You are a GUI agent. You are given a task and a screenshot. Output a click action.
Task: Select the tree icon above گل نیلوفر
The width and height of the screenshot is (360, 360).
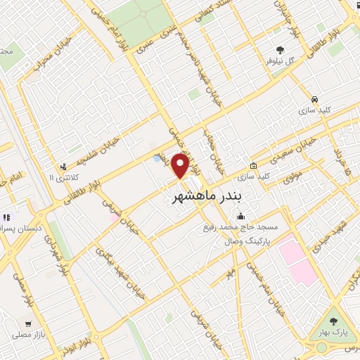281,51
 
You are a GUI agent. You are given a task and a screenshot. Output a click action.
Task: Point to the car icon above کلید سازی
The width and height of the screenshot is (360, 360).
314,99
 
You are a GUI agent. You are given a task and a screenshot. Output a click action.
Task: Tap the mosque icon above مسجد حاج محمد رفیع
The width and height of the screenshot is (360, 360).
242,216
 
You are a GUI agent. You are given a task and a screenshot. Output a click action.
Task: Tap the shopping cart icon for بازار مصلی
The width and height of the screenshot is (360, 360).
27,324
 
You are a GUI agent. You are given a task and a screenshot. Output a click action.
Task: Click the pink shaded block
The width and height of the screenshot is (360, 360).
298,261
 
